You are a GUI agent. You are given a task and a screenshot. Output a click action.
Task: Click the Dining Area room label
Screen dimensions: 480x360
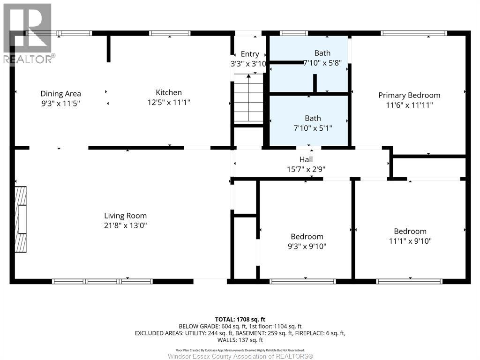click(x=60, y=93)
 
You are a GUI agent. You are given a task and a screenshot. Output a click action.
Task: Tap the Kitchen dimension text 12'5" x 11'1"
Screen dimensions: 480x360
click(x=169, y=102)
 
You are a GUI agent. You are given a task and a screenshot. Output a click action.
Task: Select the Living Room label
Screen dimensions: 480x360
click(x=126, y=216)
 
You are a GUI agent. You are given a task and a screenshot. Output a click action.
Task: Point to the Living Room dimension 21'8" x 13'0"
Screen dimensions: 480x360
click(x=126, y=225)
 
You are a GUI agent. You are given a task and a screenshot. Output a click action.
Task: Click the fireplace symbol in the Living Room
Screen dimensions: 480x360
click(x=21, y=219)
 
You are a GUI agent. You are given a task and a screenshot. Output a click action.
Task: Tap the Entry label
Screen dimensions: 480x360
click(x=250, y=54)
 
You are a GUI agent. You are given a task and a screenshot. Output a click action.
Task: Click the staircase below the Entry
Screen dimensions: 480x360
click(x=248, y=98)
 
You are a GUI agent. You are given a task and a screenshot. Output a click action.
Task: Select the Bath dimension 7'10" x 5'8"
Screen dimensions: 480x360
click(x=322, y=63)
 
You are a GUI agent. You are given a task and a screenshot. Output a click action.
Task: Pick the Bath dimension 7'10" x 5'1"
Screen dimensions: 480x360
click(x=313, y=128)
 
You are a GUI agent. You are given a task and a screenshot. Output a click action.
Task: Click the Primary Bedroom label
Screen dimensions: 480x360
click(x=409, y=95)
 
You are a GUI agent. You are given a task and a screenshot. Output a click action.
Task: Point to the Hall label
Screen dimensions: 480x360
click(x=306, y=159)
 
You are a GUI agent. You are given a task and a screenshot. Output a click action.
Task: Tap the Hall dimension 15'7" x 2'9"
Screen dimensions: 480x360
click(x=306, y=169)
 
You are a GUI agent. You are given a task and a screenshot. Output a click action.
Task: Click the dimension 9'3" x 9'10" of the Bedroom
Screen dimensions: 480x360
click(x=307, y=247)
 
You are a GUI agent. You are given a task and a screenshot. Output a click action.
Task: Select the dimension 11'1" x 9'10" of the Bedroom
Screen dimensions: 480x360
click(x=410, y=241)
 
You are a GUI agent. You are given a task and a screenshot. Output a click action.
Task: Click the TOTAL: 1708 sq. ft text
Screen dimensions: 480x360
click(x=240, y=320)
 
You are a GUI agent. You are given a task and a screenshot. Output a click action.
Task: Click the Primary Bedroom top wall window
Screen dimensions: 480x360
click(x=414, y=33)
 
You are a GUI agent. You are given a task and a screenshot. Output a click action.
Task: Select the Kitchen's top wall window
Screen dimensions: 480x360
click(x=170, y=33)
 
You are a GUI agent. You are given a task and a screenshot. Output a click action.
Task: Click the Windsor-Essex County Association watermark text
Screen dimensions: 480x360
click(x=240, y=356)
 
